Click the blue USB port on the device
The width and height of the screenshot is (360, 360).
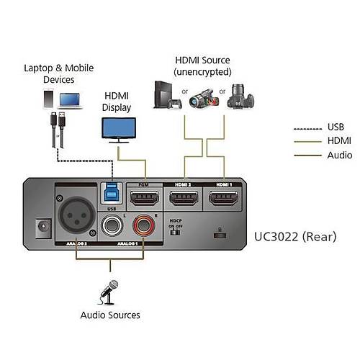point(112,195)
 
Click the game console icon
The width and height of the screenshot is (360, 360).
point(164,96)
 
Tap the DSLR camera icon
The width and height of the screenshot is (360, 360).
point(240,96)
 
